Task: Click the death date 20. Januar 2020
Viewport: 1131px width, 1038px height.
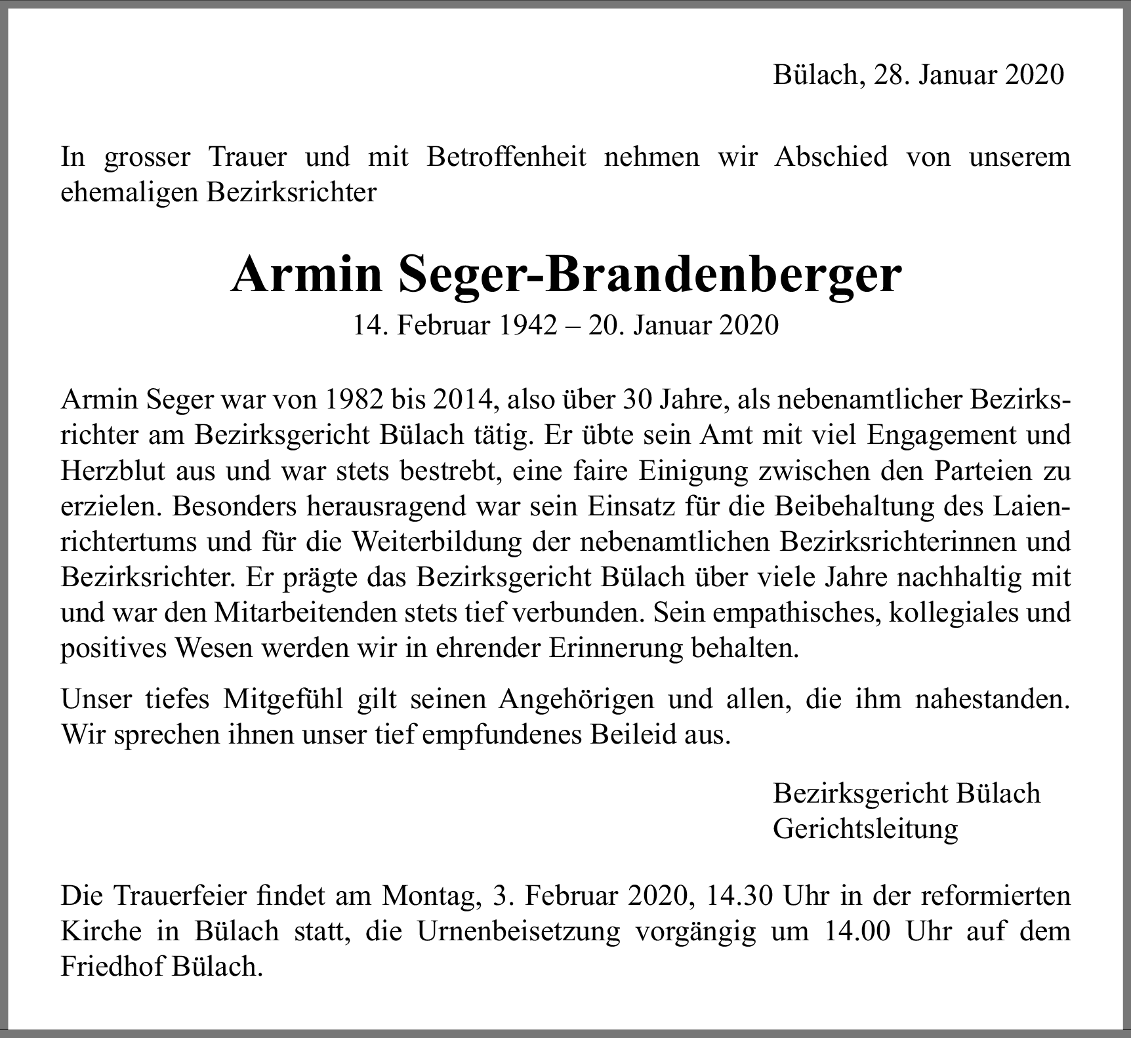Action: [683, 325]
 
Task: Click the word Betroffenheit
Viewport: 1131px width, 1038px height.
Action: [506, 157]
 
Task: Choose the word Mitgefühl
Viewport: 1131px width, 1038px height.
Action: [283, 700]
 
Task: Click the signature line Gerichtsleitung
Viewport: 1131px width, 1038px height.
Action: [865, 829]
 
